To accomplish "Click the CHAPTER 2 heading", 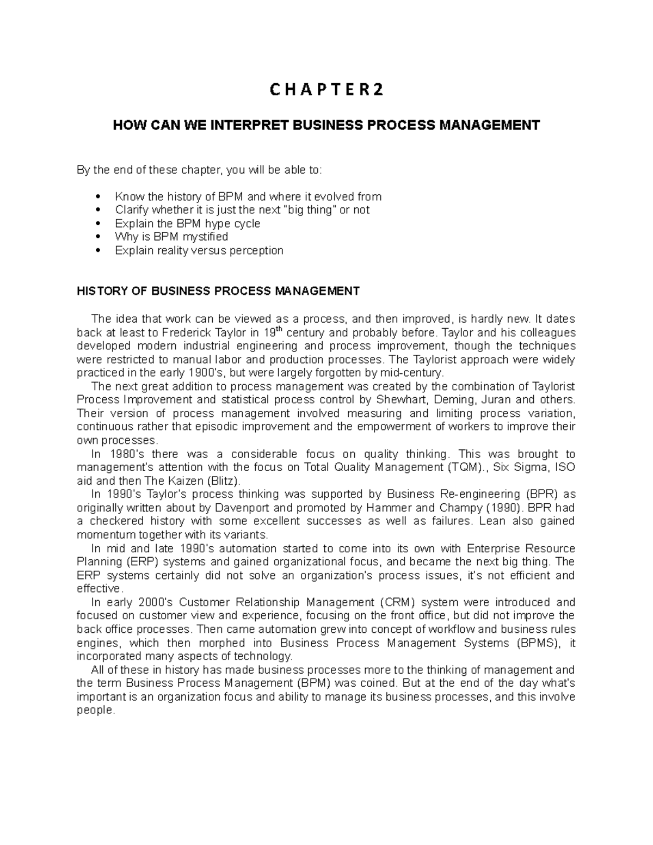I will click(x=326, y=90).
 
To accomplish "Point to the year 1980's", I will click(x=124, y=454).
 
